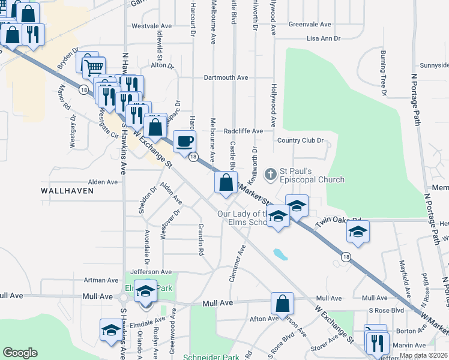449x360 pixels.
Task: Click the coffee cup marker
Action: click(x=185, y=141)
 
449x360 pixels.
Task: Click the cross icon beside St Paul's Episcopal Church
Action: click(x=271, y=174)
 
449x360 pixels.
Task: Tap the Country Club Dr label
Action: click(x=300, y=140)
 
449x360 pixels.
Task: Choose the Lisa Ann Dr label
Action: click(x=324, y=38)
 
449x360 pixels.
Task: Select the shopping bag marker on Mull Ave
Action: click(x=282, y=303)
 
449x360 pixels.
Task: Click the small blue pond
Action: click(x=279, y=254)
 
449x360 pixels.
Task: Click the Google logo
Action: click(x=20, y=353)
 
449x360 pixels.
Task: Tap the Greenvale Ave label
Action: click(x=310, y=25)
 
